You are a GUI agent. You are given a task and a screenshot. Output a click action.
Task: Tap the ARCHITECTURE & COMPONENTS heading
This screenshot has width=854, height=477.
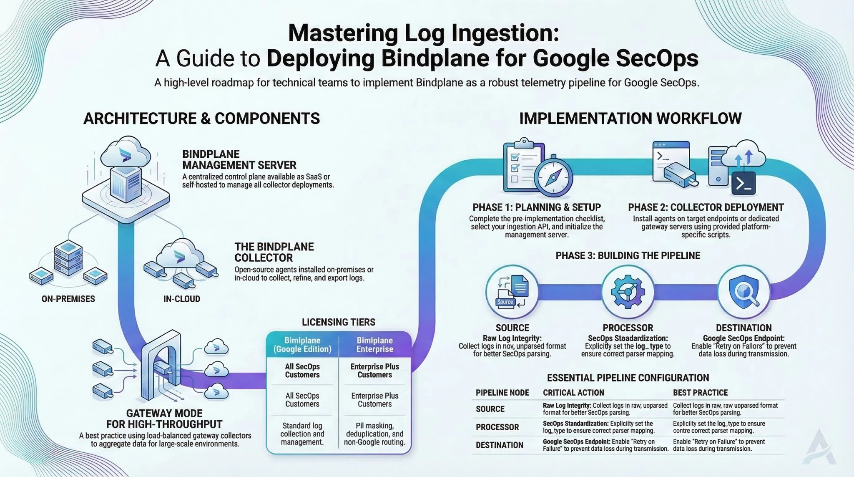(x=201, y=119)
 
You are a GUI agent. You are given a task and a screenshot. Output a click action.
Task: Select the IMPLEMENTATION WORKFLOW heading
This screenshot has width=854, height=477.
(x=630, y=119)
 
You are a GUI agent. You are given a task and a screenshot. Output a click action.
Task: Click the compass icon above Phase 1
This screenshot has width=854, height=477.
(x=553, y=177)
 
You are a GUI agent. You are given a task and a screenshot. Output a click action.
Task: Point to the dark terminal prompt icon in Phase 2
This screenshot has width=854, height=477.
(x=743, y=184)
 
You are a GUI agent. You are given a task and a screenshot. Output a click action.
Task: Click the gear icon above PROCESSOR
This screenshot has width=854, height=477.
(x=628, y=292)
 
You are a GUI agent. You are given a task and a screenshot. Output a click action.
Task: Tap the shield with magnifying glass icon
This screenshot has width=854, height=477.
(x=743, y=292)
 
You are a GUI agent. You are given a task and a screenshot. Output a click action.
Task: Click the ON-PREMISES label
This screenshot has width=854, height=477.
(x=68, y=299)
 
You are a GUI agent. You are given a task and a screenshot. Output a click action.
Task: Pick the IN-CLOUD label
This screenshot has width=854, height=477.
(x=182, y=299)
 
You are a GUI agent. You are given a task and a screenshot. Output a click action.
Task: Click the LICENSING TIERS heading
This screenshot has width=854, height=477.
(x=338, y=322)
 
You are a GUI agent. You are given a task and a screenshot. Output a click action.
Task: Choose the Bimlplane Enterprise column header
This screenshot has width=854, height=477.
(x=374, y=345)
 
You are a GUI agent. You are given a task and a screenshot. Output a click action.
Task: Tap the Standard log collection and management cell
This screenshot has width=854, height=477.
(x=302, y=434)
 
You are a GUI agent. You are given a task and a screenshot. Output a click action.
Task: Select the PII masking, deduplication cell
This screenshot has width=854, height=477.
(x=374, y=434)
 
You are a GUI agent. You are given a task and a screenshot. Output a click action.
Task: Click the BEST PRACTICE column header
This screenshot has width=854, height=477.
(x=700, y=393)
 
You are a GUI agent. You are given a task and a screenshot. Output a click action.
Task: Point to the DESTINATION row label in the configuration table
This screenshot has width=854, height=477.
(x=499, y=445)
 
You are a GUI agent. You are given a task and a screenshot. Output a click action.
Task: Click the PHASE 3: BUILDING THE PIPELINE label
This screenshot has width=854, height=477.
(x=628, y=256)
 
